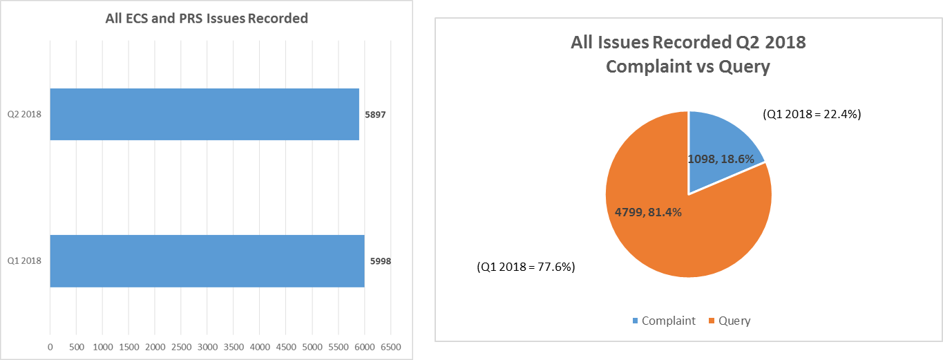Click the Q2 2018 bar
(204, 114)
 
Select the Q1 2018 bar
(207, 261)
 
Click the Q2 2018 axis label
(24, 114)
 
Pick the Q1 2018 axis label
(24, 261)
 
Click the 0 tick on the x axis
(50, 345)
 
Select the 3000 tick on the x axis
(207, 345)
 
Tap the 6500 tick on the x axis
(390, 345)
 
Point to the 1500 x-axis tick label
(128, 345)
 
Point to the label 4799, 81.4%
(644, 212)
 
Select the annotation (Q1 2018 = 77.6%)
(526, 266)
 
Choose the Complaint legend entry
(663, 321)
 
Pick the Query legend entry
(728, 321)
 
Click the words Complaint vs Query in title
(687, 67)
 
